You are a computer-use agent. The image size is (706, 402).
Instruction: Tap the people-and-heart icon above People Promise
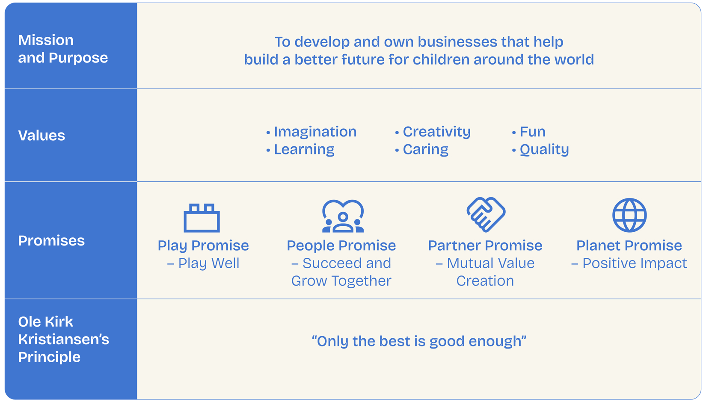click(343, 221)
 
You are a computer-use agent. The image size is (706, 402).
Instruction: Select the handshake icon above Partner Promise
click(486, 215)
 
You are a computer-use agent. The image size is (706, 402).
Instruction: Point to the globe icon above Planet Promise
click(629, 215)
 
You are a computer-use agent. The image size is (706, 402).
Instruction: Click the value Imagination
click(315, 132)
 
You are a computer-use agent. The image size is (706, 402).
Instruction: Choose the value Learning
click(304, 150)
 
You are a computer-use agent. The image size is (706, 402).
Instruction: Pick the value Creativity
click(436, 132)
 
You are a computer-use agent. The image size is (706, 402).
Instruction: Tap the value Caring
click(425, 150)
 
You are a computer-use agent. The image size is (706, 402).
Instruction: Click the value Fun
click(532, 132)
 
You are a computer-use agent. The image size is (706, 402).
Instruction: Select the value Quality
click(544, 150)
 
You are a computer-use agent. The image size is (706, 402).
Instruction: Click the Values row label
click(42, 136)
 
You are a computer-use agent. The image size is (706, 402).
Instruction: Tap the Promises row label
click(51, 241)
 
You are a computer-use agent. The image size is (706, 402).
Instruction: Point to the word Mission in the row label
click(46, 40)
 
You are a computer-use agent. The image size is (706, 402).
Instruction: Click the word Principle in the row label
click(49, 357)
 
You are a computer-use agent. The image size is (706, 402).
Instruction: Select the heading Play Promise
click(203, 246)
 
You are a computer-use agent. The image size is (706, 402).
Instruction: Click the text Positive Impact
click(635, 263)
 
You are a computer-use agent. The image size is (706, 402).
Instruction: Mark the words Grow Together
click(341, 281)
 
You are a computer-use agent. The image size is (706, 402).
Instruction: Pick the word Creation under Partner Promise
click(485, 281)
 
